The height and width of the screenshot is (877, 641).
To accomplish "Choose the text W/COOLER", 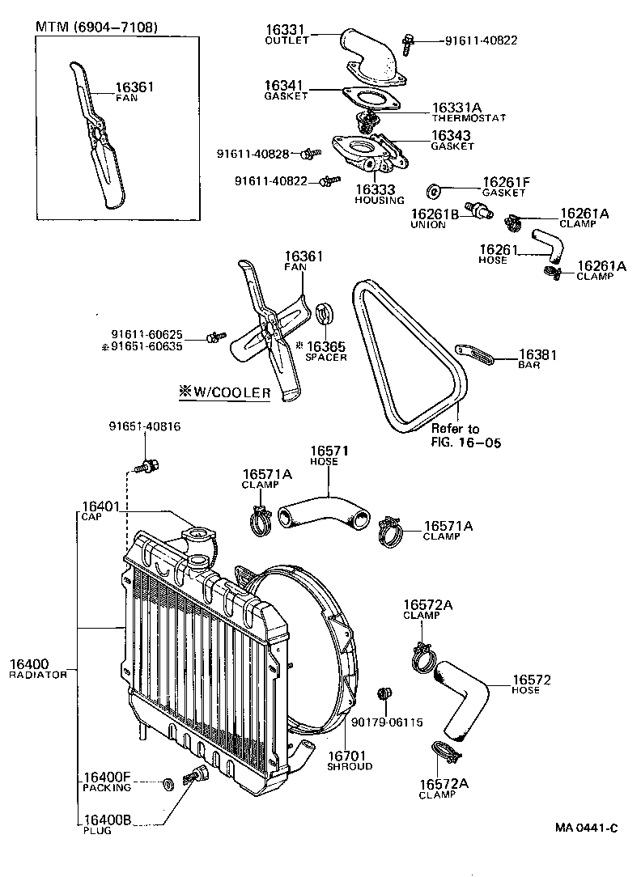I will point(225,392).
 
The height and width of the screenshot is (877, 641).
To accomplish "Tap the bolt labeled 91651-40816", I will point(147,466).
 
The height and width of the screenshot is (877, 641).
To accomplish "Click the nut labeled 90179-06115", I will point(385,693).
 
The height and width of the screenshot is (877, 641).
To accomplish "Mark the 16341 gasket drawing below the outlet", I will point(371,97).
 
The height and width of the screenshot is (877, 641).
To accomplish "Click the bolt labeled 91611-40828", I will point(308,154).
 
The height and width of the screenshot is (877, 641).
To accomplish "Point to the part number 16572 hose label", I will point(531,680).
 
